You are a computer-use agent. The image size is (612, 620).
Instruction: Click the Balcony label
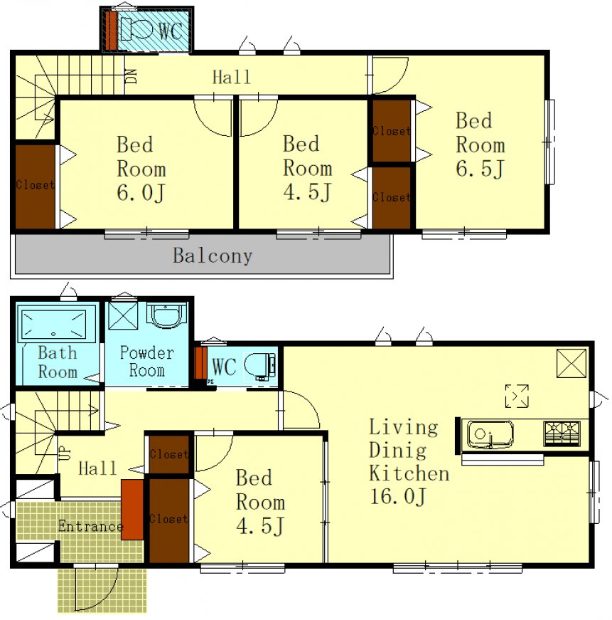pos(213,256)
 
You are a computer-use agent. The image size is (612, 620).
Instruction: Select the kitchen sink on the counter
pos(490,434)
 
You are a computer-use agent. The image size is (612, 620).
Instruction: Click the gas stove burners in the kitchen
pos(562,434)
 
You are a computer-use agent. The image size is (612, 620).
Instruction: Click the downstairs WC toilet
pos(259,366)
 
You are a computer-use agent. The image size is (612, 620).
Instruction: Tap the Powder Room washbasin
pos(166,315)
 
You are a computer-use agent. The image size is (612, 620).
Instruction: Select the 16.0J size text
pos(398,496)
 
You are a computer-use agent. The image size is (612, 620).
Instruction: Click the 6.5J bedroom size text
pos(480,168)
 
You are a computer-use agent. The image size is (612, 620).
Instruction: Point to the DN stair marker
pos(132,76)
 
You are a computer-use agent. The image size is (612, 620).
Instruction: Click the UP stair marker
pos(65,453)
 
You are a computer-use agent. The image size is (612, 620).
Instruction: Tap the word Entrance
pos(91,526)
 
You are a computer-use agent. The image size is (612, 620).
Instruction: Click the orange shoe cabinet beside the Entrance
pos(132,509)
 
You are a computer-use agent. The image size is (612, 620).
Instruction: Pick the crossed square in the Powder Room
pos(123,316)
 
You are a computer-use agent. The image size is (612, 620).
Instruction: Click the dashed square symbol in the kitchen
pos(517,396)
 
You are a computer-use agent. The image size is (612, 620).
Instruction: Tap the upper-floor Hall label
pos(232,77)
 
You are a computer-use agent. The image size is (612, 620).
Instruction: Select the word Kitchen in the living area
pos(409,473)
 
